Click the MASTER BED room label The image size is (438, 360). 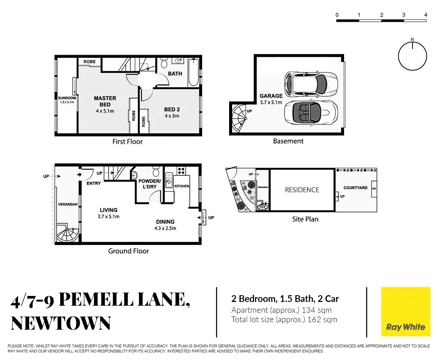(105, 101)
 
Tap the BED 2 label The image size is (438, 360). (172, 109)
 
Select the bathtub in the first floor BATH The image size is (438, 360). (193, 72)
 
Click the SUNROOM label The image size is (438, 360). (67, 98)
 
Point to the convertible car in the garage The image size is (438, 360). (311, 112)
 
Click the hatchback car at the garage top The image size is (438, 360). (311, 83)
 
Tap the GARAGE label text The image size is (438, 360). (271, 96)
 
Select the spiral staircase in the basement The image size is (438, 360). (238, 117)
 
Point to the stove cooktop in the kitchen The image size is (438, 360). (181, 171)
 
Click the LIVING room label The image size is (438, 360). (109, 210)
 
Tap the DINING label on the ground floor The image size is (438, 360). (165, 222)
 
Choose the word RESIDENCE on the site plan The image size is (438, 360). (302, 190)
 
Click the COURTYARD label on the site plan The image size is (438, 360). (355, 188)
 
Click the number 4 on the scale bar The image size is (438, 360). (426, 15)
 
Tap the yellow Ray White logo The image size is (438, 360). (405, 312)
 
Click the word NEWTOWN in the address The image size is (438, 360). (61, 323)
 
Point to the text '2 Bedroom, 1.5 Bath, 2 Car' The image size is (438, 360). (285, 299)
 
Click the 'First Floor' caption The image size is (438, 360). (128, 142)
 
